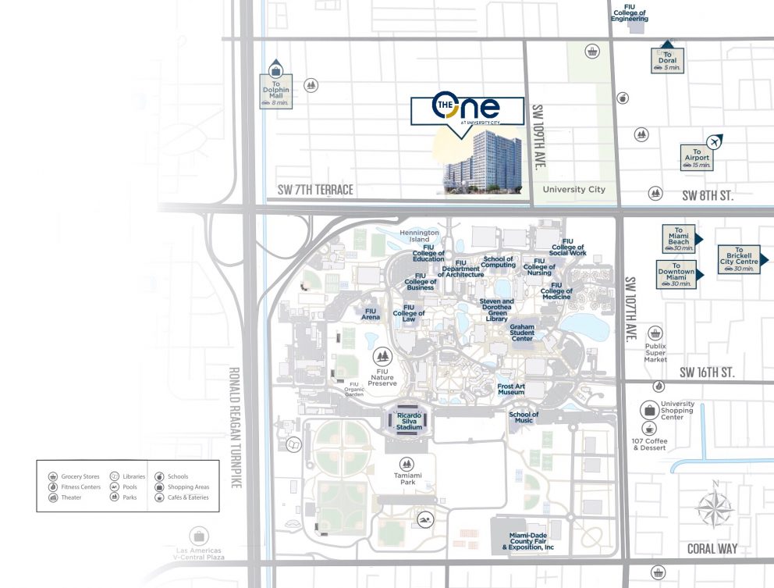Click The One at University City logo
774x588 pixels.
tap(467, 109)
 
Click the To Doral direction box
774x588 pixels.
tap(667, 60)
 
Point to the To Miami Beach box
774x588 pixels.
tap(679, 237)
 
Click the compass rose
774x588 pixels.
tap(713, 508)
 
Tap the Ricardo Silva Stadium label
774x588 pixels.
tap(409, 422)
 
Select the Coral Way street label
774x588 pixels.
tap(712, 549)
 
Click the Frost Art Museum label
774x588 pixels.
tap(511, 389)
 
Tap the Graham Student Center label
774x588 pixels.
tap(522, 333)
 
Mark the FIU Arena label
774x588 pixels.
tap(371, 314)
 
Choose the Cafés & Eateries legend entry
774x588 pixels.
tap(181, 497)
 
